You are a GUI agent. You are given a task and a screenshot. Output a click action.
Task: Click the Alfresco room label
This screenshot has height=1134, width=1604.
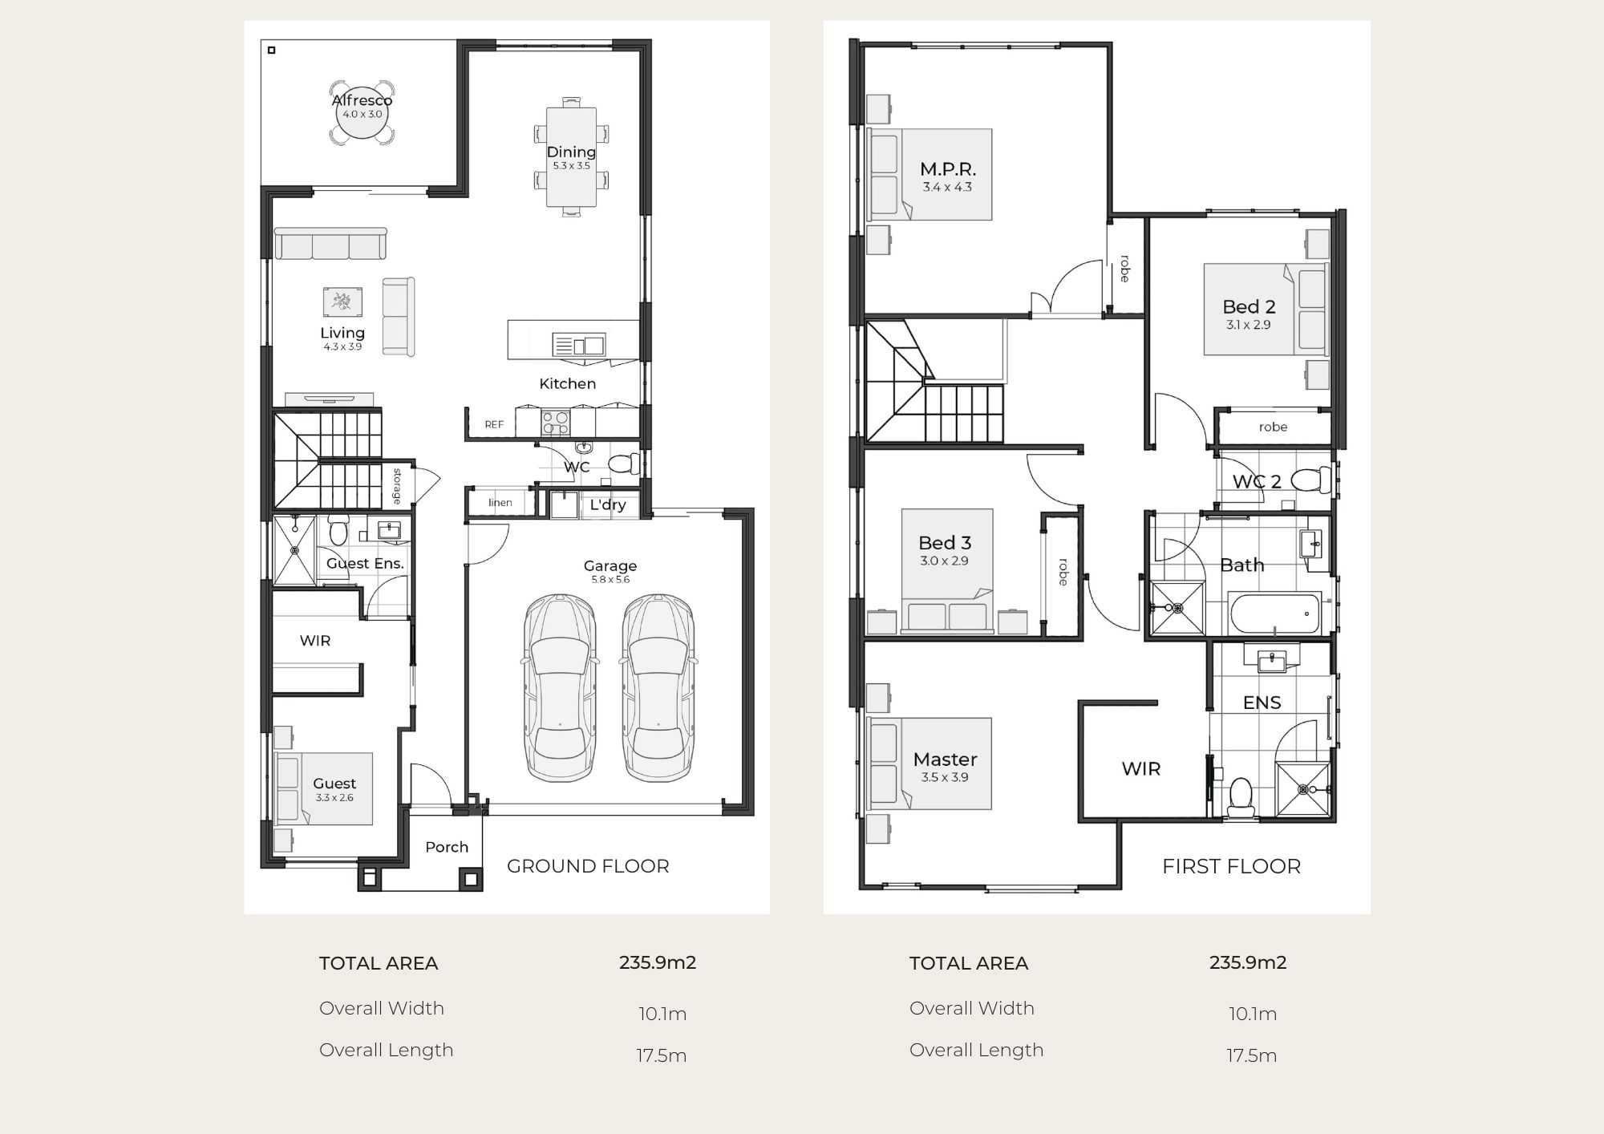point(362,100)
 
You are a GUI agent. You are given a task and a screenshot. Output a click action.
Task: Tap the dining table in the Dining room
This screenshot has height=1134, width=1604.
point(571,157)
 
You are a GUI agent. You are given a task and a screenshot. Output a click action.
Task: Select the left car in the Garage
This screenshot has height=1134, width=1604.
point(560,687)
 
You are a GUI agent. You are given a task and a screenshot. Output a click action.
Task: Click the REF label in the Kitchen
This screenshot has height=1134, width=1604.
point(494,424)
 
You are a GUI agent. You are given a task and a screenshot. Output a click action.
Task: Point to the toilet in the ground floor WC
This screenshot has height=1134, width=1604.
point(623,464)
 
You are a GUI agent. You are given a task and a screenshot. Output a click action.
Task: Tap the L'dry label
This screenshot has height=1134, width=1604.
point(608,504)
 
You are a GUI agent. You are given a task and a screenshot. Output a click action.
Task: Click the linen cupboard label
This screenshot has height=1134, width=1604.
point(500,503)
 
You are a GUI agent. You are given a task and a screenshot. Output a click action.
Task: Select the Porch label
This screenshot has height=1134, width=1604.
point(447,847)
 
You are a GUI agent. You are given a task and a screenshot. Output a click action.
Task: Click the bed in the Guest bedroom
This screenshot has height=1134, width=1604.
point(324,788)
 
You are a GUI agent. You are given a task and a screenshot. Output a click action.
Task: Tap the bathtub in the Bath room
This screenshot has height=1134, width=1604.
point(1274,614)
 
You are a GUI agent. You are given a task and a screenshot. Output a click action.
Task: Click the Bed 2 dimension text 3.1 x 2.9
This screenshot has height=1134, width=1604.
point(1249,325)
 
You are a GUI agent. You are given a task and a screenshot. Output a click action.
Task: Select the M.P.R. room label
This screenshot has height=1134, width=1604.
point(947,169)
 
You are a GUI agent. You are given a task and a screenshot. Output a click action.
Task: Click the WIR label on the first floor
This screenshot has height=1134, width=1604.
point(1140,769)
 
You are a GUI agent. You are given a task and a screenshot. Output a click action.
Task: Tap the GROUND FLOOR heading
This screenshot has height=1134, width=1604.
point(588,866)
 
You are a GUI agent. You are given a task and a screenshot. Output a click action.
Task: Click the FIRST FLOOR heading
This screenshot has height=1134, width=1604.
point(1231,866)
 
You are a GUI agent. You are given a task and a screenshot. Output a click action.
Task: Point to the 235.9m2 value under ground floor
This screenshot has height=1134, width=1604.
point(658,962)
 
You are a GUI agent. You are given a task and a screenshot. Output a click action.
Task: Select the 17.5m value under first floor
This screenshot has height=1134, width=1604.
point(1251,1055)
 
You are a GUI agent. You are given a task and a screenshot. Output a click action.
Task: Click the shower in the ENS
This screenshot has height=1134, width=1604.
point(1302,790)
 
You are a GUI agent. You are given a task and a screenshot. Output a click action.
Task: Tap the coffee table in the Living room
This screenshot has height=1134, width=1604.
point(342,302)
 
